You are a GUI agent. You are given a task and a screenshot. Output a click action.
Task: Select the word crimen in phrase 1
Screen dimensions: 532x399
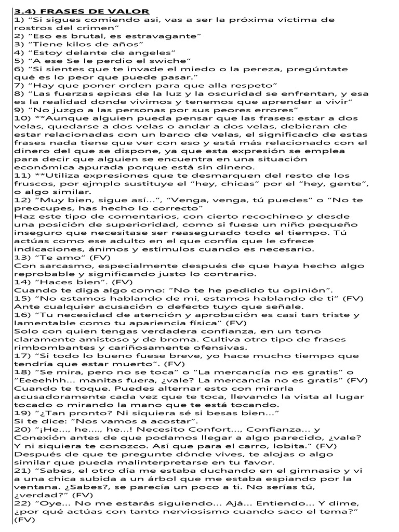96,28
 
